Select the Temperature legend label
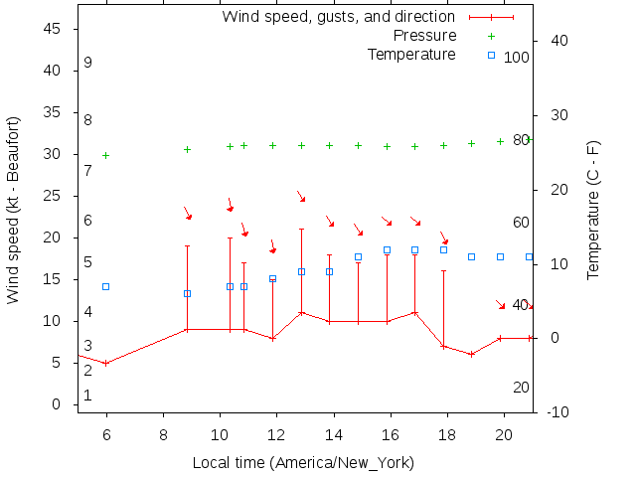point(411,54)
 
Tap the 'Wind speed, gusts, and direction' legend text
point(338,17)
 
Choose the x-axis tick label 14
point(334,434)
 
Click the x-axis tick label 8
point(163,434)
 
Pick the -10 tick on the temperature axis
point(558,412)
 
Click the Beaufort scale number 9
point(88,63)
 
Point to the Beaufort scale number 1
point(88,396)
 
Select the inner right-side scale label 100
point(517,58)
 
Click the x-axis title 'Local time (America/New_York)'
point(303,463)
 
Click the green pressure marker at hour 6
point(106,155)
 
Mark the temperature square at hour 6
point(106,286)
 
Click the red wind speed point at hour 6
point(106,363)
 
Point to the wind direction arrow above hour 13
point(301,198)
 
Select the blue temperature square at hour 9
point(187,293)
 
